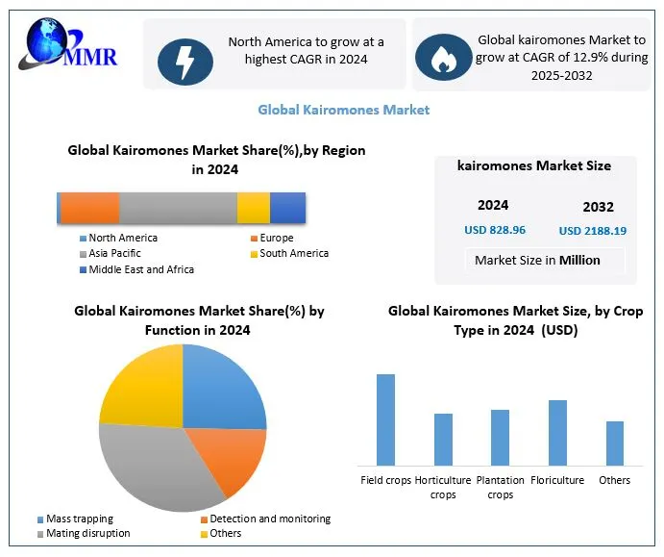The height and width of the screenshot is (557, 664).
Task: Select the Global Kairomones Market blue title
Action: tap(343, 110)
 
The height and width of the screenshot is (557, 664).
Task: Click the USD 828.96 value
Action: tap(495, 230)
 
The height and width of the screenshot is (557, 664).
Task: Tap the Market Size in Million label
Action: tap(537, 260)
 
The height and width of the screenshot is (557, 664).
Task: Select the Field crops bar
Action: tap(385, 419)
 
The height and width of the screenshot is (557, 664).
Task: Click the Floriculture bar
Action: tap(557, 432)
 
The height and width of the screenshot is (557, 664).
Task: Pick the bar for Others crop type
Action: tap(615, 443)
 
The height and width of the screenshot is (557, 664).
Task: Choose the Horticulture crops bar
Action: tap(443, 440)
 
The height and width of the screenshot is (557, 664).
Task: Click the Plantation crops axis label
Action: tap(500, 488)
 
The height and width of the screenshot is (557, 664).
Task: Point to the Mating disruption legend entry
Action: tap(87, 533)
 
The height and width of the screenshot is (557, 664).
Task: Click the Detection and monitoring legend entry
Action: tap(269, 519)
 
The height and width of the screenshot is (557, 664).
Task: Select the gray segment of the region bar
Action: tap(178, 208)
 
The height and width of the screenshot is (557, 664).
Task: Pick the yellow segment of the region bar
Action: tap(253, 208)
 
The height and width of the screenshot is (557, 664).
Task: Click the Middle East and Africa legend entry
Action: tap(140, 269)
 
